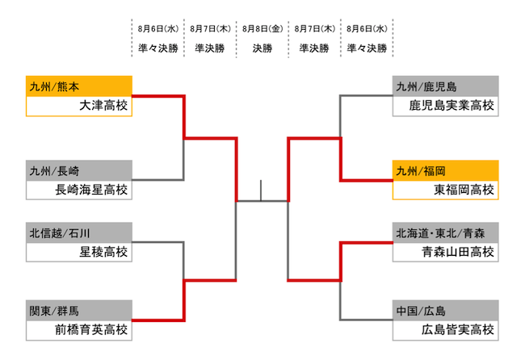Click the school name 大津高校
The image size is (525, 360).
tap(104, 106)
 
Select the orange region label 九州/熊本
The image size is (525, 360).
tap(53, 86)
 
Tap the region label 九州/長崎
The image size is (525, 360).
tap(53, 171)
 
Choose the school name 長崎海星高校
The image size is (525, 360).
tap(92, 190)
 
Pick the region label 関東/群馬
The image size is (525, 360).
tap(53, 310)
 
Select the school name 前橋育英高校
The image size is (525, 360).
tap(92, 329)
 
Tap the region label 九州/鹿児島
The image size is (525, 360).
tap(426, 86)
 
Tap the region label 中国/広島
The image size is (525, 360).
tap(421, 310)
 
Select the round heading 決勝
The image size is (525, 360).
tap(262, 48)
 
